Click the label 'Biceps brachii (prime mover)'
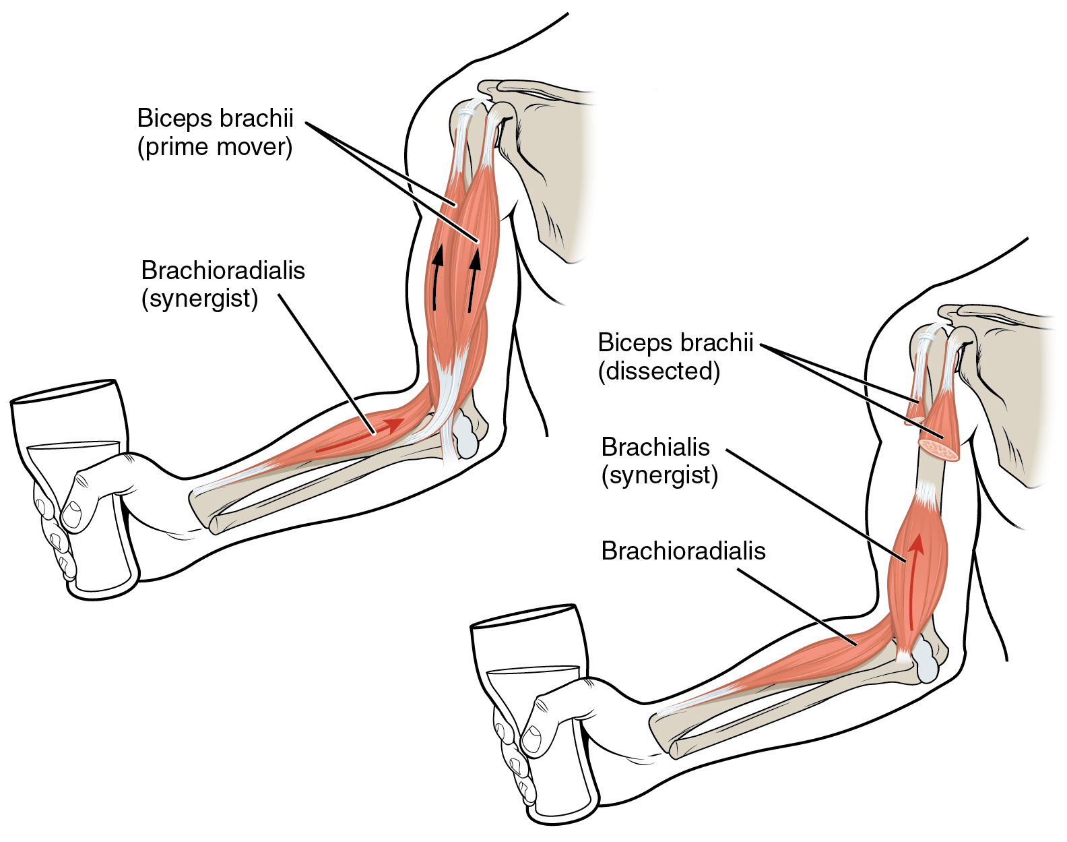click(215, 133)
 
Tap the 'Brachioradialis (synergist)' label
click(223, 284)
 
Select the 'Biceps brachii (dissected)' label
click(676, 357)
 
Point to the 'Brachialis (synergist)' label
click(659, 461)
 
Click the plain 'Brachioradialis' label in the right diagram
click(683, 551)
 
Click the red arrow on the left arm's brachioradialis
click(360, 435)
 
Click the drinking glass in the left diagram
click(74, 489)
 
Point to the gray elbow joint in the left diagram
click(466, 435)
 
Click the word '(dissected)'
click(659, 371)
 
